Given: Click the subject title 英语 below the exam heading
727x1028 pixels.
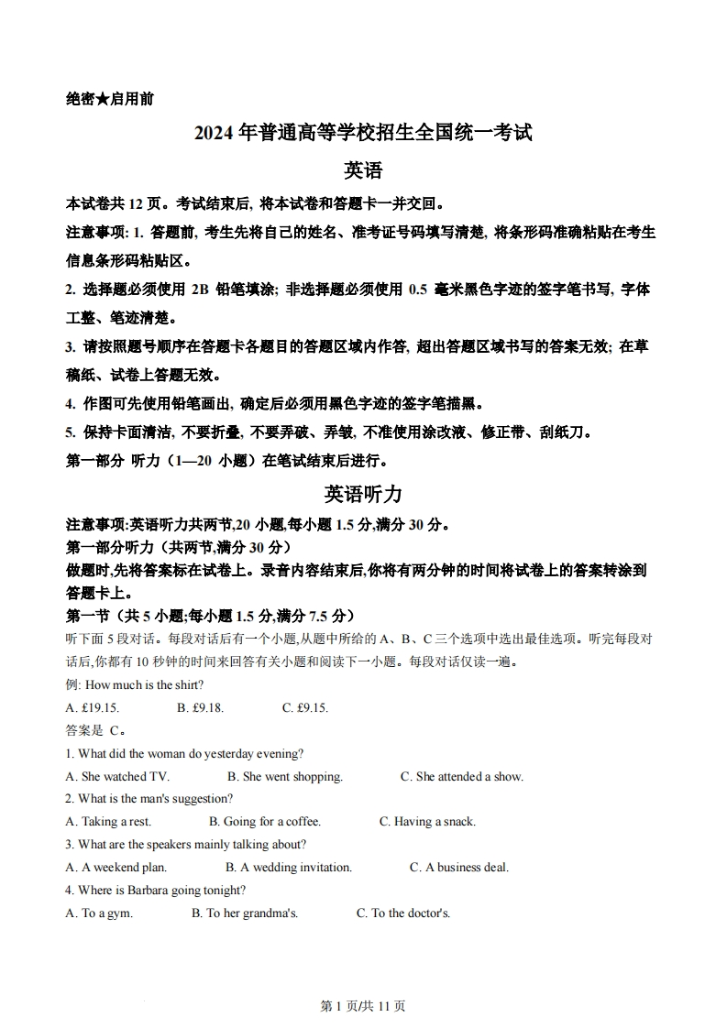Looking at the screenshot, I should (363, 170).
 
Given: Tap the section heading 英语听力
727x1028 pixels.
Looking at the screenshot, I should (363, 494).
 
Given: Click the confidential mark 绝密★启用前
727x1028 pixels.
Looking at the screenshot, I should (110, 99).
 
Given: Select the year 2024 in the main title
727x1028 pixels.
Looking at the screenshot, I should (215, 133).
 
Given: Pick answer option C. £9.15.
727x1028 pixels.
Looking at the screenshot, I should (305, 708).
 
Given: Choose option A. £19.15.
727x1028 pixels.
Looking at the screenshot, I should (93, 708).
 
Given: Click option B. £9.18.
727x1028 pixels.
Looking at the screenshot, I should (200, 708).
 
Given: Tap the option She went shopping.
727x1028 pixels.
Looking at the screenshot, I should (285, 777).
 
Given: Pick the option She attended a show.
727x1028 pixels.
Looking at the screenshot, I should (462, 777).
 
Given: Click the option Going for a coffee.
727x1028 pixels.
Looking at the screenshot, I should (265, 822).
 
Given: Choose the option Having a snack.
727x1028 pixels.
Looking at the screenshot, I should (427, 822).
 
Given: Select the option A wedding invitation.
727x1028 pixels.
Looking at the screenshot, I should (289, 867).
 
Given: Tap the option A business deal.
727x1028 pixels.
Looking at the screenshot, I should (458, 867).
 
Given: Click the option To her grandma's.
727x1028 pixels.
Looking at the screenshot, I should (245, 913).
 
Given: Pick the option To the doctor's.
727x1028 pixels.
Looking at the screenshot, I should (403, 913).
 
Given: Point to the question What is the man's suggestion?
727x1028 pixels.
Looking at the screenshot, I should (149, 799).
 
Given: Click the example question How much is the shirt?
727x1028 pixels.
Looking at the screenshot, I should (135, 685).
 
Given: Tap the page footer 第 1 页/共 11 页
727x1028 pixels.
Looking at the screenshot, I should (363, 1006).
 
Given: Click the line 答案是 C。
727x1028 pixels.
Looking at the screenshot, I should (95, 731).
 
